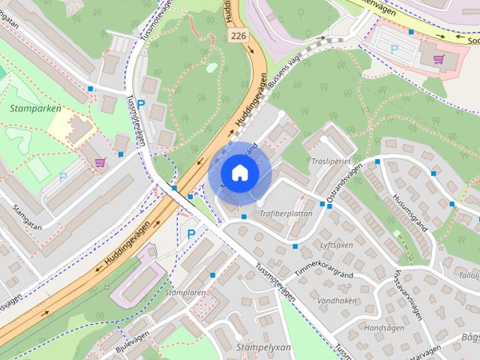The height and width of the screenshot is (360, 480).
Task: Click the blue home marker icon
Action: [x=239, y=173]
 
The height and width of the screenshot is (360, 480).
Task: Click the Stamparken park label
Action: [x=35, y=109]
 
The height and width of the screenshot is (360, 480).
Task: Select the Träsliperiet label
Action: [x=330, y=161]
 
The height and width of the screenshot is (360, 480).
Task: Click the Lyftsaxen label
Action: [x=337, y=245]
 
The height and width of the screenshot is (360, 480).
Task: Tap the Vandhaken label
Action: [x=336, y=300]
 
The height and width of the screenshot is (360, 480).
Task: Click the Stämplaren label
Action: [x=187, y=292]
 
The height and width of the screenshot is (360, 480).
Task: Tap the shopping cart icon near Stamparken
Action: [x=100, y=161]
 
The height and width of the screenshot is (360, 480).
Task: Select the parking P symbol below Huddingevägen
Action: [x=190, y=234]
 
